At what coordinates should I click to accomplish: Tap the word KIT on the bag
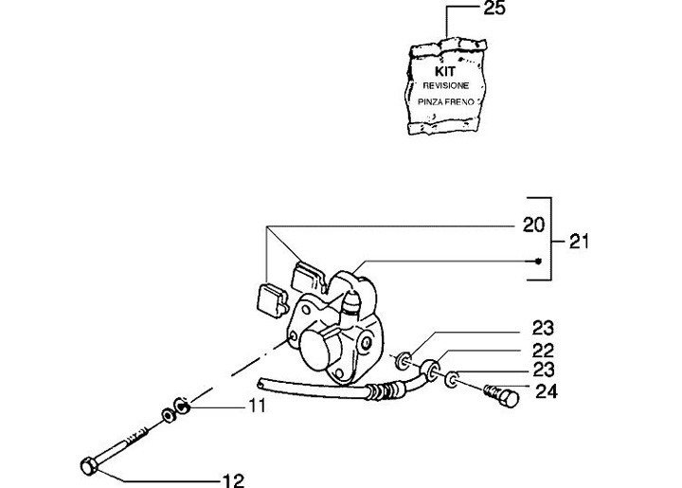click(x=445, y=70)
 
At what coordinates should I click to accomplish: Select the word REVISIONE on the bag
click(x=445, y=83)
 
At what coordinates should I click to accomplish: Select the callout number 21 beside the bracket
click(x=580, y=242)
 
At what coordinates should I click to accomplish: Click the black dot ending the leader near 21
click(x=538, y=261)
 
